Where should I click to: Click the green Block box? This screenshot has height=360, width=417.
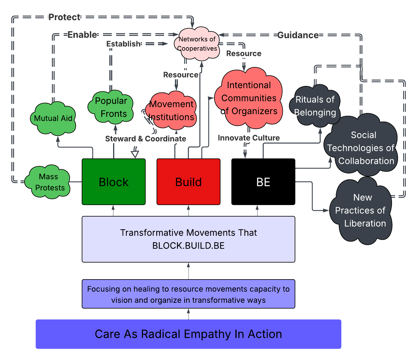(x=114, y=182)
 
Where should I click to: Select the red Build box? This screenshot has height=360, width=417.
(x=188, y=182)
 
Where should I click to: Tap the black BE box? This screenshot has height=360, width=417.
(x=263, y=182)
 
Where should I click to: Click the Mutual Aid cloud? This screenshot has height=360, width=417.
(x=53, y=118)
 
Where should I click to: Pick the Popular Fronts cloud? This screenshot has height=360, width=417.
(x=111, y=107)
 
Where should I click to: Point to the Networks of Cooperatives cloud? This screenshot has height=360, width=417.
(x=197, y=44)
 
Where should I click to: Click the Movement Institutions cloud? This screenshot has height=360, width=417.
(x=172, y=111)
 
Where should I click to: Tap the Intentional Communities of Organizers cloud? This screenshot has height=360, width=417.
(x=249, y=98)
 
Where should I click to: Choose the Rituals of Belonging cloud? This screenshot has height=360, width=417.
(x=315, y=106)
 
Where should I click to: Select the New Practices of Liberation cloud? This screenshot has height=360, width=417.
(x=361, y=210)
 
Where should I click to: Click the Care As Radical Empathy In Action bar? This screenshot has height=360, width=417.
(x=188, y=334)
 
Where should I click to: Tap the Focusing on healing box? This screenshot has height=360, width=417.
(x=188, y=294)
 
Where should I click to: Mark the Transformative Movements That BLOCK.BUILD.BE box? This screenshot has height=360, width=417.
(x=188, y=239)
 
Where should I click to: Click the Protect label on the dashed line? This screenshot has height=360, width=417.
(x=64, y=17)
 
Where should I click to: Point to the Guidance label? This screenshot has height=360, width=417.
(x=298, y=35)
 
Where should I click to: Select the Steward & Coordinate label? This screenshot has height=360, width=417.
(x=146, y=139)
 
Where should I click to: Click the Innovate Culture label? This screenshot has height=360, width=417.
(x=249, y=138)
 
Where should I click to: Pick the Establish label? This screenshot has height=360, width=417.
(x=123, y=44)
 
